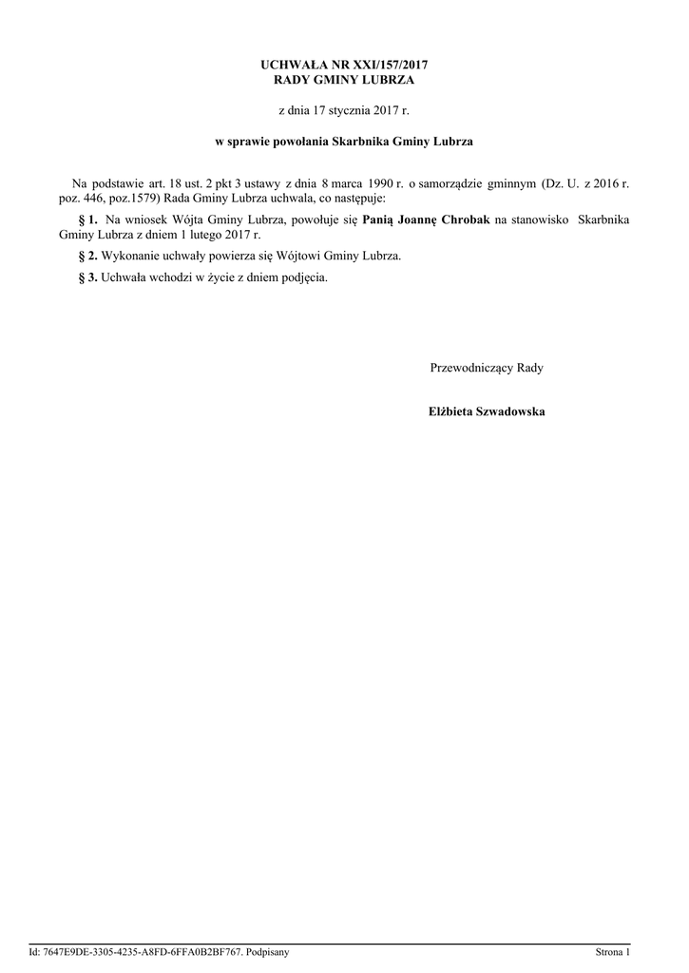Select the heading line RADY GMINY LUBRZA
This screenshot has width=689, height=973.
tap(344, 80)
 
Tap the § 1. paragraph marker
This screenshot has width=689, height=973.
tap(86, 219)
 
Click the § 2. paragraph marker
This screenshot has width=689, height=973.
tap(86, 257)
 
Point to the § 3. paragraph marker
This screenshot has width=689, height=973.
tap(86, 278)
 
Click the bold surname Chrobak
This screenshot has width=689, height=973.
tap(466, 219)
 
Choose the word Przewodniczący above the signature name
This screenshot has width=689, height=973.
tap(471, 367)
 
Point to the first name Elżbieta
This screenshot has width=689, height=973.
tap(448, 411)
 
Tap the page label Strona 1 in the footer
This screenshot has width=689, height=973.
tap(613, 951)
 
